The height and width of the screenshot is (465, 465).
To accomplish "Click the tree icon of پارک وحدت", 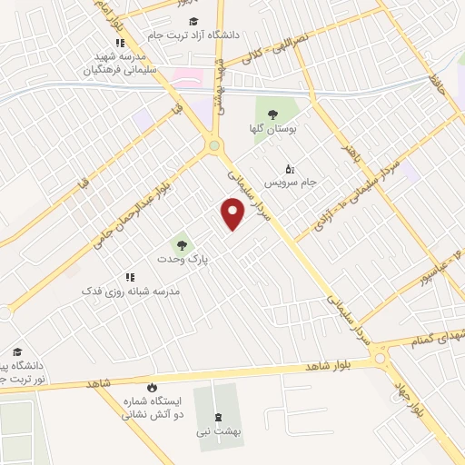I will click(180, 244).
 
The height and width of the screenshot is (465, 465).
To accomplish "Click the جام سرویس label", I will click(297, 182).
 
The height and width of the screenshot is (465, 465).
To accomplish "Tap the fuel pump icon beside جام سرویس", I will click(290, 168).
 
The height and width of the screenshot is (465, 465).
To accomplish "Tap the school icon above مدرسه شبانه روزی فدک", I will click(130, 276).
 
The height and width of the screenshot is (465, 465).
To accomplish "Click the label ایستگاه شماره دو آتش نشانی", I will click(152, 406).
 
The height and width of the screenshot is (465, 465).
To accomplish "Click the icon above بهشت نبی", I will click(217, 417).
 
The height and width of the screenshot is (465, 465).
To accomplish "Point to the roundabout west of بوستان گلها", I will click(213, 144).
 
